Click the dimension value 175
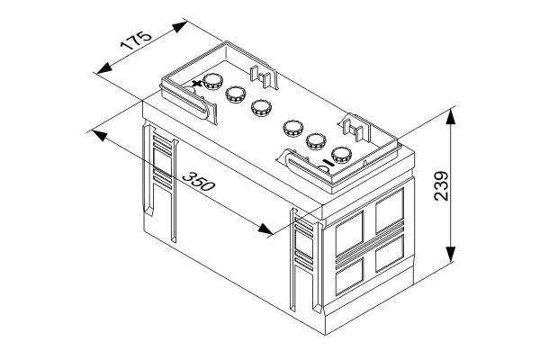click(x=136, y=40)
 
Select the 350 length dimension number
click(x=198, y=181)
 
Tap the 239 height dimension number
click(x=441, y=186)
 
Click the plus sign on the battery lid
click(x=196, y=84)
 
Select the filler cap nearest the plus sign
click(x=212, y=82)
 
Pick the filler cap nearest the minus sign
click(x=341, y=156)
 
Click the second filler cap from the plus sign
click(x=235, y=94)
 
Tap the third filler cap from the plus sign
click(x=261, y=108)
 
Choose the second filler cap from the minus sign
click(x=316, y=142)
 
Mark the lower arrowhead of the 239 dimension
click(x=451, y=255)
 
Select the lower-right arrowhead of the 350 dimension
click(x=265, y=229)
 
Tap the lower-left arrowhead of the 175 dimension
click(x=104, y=68)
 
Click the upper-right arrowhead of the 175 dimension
click(x=180, y=27)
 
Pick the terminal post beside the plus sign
click(x=189, y=90)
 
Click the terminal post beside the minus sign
click(x=324, y=169)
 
